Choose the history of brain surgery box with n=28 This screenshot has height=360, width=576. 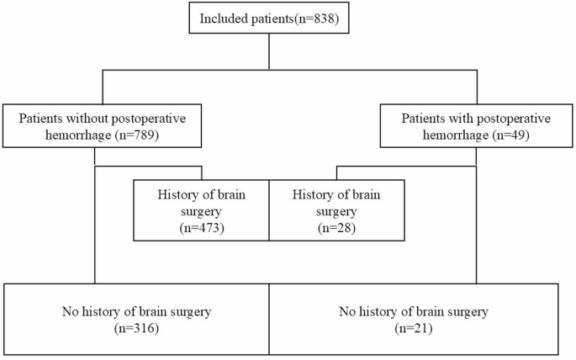point(336,209)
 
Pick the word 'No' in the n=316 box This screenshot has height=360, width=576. point(68,312)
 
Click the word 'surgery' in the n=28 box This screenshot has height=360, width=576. point(336,209)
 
